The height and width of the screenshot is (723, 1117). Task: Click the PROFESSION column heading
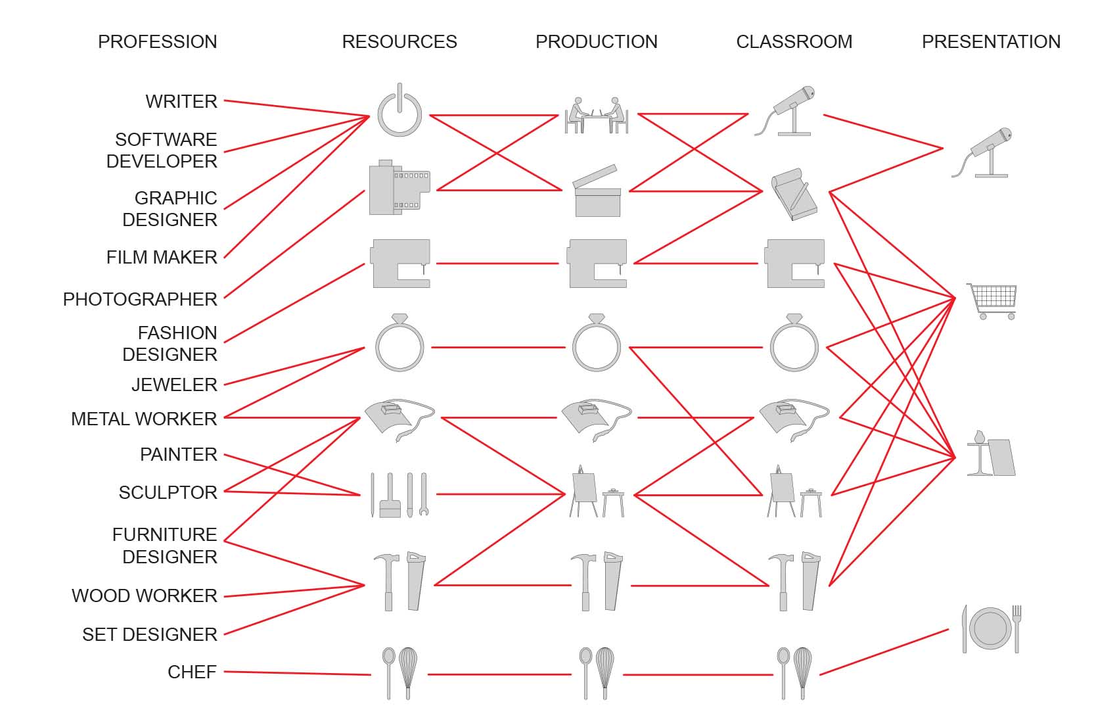pyautogui.click(x=157, y=41)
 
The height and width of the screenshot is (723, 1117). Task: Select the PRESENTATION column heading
pyautogui.click(x=991, y=41)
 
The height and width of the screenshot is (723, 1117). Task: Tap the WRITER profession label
pyautogui.click(x=181, y=101)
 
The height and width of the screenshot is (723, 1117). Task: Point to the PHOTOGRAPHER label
pyautogui.click(x=140, y=299)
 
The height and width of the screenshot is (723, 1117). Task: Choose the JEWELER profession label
pyautogui.click(x=174, y=385)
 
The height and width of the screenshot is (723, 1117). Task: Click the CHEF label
pyautogui.click(x=192, y=672)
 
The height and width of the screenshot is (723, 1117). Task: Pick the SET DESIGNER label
pyautogui.click(x=150, y=634)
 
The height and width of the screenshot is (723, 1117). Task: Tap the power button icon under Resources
pyautogui.click(x=399, y=110)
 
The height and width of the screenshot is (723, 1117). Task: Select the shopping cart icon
pyautogui.click(x=992, y=300)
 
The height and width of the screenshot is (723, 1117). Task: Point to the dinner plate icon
pyautogui.click(x=991, y=628)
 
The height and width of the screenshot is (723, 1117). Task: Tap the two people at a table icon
pyautogui.click(x=597, y=116)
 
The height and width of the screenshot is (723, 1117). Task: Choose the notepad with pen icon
pyautogui.click(x=794, y=194)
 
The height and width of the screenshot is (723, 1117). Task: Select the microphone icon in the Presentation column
pyautogui.click(x=983, y=152)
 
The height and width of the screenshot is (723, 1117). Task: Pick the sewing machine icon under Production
pyautogui.click(x=597, y=264)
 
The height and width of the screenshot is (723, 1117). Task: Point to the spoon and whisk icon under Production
pyautogui.click(x=596, y=672)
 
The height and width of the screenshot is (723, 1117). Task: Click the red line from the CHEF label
pyautogui.click(x=296, y=673)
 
